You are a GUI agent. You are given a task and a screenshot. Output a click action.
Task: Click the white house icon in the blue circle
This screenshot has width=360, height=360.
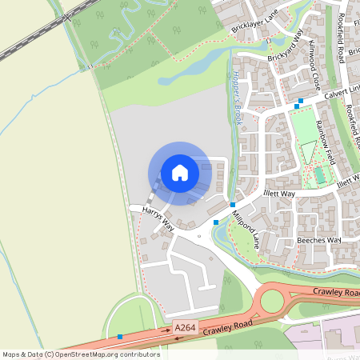click(179, 173)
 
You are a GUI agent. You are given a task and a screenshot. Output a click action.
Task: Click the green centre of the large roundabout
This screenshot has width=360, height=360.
click(272, 301)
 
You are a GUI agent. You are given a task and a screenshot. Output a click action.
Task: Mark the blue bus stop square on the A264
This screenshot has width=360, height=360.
click(120, 337)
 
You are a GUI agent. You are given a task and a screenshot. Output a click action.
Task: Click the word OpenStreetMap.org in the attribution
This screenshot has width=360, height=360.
click(83, 354)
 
